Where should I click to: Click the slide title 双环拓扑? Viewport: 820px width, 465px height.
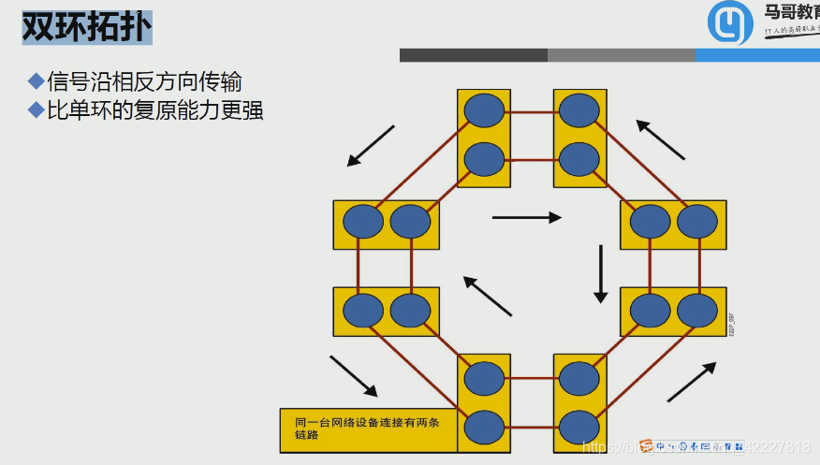85,26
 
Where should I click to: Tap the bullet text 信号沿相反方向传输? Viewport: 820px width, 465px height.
144,81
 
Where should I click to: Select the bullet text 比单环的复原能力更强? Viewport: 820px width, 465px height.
154,110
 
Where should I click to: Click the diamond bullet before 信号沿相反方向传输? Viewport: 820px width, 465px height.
37,81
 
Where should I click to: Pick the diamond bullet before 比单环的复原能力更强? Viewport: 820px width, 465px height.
37,110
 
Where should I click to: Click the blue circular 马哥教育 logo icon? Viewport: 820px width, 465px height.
730,22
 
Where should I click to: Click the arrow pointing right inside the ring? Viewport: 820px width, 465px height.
526,217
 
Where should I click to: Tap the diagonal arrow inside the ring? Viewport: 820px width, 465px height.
488,296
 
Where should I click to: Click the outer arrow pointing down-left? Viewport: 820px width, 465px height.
371,145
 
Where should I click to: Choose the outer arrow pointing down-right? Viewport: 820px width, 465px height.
353,375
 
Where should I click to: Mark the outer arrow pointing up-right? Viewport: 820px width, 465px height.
691,382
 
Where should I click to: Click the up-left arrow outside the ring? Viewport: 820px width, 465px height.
661,139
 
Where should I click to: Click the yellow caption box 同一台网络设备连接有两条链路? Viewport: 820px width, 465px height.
368,428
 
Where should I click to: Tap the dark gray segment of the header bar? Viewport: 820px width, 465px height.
473,55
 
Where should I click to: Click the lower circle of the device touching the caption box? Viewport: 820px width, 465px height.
484,427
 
